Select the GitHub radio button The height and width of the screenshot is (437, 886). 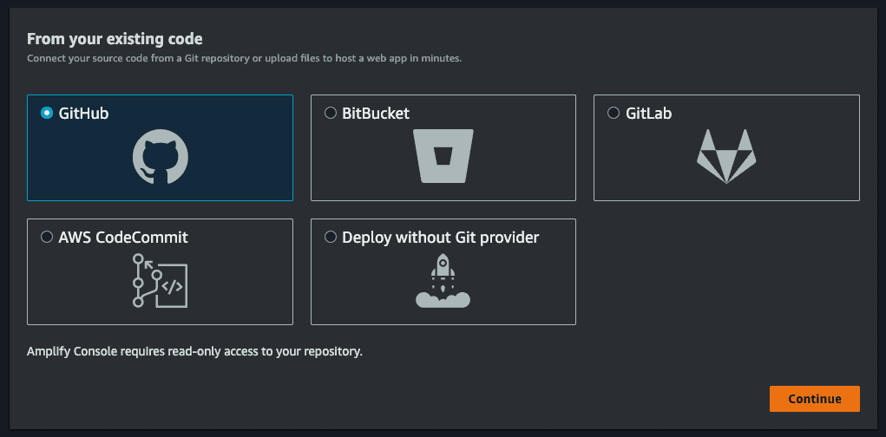click(47, 113)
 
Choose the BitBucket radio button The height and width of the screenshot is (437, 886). click(331, 113)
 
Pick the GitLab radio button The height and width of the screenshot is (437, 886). click(613, 113)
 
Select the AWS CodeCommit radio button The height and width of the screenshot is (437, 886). click(47, 237)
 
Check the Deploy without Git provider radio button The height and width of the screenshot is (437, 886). click(331, 237)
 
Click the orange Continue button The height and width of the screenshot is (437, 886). click(814, 399)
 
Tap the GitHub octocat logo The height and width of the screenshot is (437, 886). click(161, 156)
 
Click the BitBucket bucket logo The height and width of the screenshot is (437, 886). click(443, 156)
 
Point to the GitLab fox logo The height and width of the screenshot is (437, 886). click(726, 156)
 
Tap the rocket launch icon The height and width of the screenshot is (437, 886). click(443, 281)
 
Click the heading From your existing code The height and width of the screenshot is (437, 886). click(115, 39)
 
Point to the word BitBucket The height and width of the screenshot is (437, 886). click(376, 114)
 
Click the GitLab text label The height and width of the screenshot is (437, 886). click(649, 114)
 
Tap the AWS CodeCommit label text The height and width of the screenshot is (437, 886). click(123, 238)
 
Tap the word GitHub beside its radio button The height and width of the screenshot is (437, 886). click(83, 114)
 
